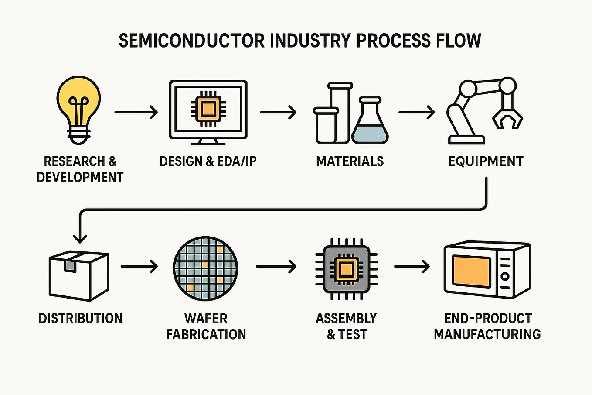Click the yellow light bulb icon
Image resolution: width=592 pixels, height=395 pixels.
(78, 110)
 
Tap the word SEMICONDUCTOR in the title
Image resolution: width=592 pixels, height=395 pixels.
(192, 41)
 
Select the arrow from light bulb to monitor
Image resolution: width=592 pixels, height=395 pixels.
(136, 112)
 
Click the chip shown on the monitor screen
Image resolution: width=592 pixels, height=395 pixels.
(208, 109)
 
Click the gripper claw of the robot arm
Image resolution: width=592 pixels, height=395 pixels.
(507, 119)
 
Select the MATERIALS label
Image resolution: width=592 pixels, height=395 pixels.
(350, 161)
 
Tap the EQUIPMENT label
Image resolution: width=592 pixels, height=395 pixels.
(486, 161)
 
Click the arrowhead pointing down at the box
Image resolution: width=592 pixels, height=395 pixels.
(80, 239)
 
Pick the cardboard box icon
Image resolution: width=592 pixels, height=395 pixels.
(79, 276)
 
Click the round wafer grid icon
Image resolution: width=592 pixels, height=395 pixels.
(205, 268)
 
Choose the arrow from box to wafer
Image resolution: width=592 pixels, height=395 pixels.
(139, 266)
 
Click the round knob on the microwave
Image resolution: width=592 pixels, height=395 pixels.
(505, 276)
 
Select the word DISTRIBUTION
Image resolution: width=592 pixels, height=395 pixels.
(81, 318)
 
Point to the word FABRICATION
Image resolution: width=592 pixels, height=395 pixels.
(206, 334)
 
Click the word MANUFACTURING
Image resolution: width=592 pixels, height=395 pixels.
(487, 334)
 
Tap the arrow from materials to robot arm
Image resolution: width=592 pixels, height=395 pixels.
(417, 112)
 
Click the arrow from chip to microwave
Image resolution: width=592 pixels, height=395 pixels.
(412, 266)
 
